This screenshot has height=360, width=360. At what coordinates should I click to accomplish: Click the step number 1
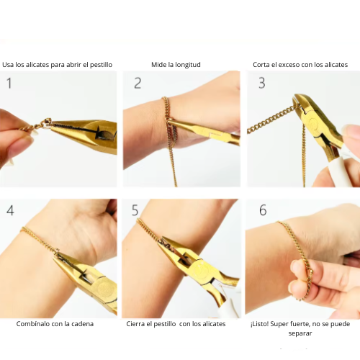(x=9, y=84)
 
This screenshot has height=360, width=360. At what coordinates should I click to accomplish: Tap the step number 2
(x=138, y=84)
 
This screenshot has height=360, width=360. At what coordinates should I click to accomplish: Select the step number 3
(x=262, y=83)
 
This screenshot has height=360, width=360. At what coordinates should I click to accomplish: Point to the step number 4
(x=10, y=210)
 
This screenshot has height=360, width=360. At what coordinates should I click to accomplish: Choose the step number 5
(x=135, y=210)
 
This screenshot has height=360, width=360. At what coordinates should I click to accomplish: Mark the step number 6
(x=263, y=210)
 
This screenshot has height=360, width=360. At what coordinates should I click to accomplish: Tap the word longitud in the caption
(x=188, y=65)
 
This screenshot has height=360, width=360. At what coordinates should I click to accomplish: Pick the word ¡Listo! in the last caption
(x=259, y=324)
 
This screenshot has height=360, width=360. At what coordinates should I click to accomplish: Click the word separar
(x=300, y=333)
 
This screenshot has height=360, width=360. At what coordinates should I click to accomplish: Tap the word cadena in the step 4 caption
(x=83, y=324)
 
